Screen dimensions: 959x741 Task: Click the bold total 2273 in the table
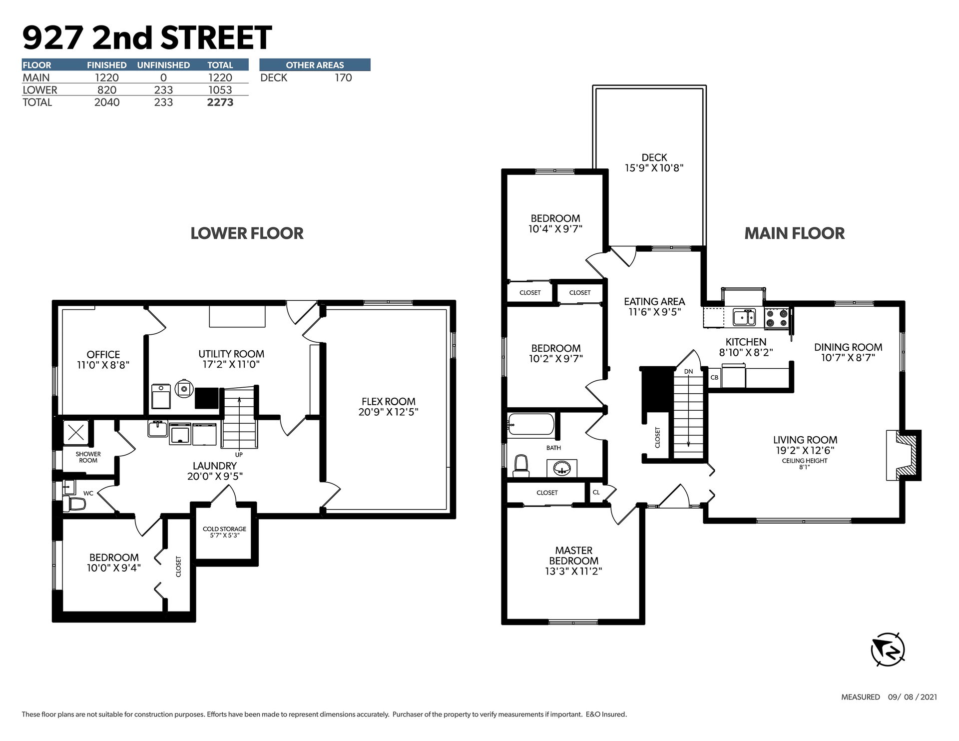click(x=220, y=102)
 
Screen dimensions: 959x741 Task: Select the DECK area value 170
click(x=343, y=77)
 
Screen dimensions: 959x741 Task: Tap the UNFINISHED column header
click(x=163, y=65)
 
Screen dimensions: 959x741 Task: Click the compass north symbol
click(x=888, y=649)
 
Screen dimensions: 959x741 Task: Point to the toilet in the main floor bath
click(x=521, y=466)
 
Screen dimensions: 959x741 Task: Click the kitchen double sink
click(x=744, y=317)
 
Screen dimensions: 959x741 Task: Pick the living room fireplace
click(x=904, y=455)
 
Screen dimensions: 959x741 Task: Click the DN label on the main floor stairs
click(x=688, y=371)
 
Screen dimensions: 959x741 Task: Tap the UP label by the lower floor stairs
click(x=239, y=455)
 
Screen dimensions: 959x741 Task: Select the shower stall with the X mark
click(x=76, y=433)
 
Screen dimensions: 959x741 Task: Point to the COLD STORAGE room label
click(x=224, y=529)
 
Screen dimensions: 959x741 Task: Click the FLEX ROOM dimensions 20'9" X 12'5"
click(x=388, y=412)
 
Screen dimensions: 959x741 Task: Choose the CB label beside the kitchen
click(x=714, y=377)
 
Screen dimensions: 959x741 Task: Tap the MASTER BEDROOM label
click(x=573, y=556)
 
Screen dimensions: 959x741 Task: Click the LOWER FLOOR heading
click(x=247, y=233)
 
